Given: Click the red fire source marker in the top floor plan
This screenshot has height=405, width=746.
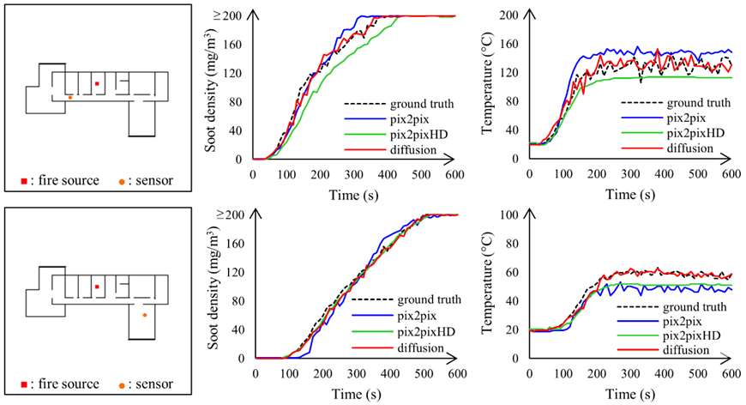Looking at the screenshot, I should pyautogui.click(x=97, y=83).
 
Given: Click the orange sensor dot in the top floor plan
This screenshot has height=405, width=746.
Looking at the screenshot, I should pyautogui.click(x=69, y=97).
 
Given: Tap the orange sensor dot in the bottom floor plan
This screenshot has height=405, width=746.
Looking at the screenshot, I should pyautogui.click(x=144, y=315).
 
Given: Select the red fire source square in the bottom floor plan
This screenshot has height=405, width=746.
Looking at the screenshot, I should pyautogui.click(x=97, y=286).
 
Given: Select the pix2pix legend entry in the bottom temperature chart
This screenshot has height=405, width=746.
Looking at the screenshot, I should pyautogui.click(x=673, y=321).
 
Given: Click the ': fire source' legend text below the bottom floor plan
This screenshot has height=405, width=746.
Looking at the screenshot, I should pyautogui.click(x=65, y=384).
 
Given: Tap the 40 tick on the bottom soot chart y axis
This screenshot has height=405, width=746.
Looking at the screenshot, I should pyautogui.click(x=237, y=329).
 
